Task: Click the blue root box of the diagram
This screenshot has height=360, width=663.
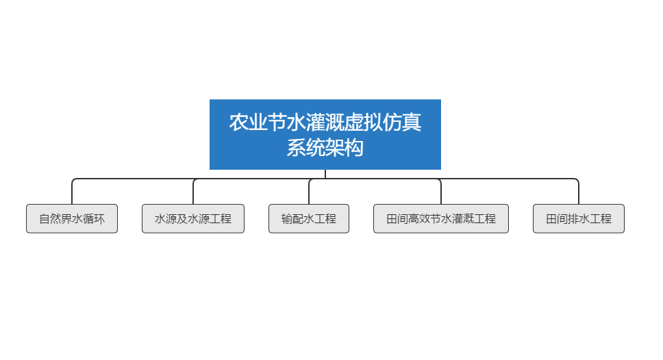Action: tap(325, 134)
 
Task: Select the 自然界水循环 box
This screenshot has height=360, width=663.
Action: tap(72, 218)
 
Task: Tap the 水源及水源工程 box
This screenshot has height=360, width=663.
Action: tap(193, 218)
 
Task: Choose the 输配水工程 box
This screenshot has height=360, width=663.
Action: tap(309, 218)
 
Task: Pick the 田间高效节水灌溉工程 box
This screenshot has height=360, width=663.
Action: tap(441, 218)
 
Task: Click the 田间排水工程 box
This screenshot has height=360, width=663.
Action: tap(579, 218)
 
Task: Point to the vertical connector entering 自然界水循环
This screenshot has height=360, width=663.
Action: tap(72, 193)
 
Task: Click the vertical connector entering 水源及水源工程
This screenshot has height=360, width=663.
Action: tap(193, 192)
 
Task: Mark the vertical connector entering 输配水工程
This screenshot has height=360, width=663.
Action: tap(309, 192)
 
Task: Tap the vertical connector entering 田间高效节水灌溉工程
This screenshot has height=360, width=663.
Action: tap(441, 193)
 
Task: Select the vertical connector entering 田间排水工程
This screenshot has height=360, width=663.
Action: tap(579, 193)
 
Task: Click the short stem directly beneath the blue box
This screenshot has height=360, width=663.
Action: tap(325, 174)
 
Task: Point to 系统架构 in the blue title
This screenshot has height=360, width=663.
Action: tap(325, 148)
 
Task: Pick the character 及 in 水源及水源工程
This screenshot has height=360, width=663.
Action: tap(182, 219)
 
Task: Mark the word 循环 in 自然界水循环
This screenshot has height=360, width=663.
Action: tap(94, 219)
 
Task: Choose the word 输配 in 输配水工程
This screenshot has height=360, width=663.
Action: tap(292, 219)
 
